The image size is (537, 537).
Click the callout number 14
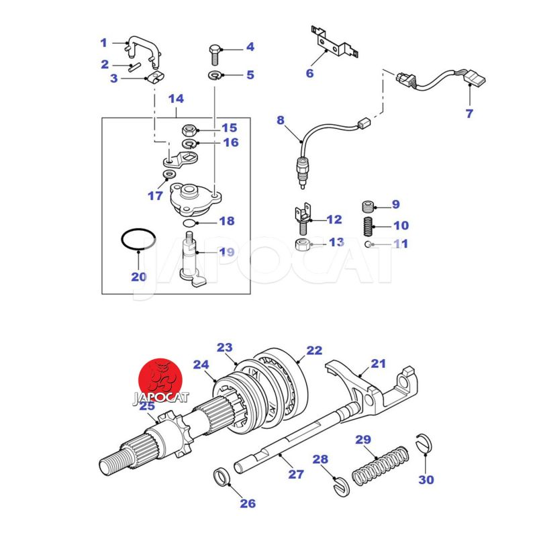[x=175, y=99]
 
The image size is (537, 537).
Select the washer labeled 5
[x=213, y=74]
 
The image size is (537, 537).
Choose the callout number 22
[x=314, y=350]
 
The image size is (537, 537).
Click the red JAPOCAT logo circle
[x=160, y=381]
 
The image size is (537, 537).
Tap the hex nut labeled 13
[x=303, y=243]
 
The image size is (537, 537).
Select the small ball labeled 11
[x=369, y=244]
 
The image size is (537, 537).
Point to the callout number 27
[x=295, y=474]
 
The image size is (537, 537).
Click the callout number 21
[x=379, y=364]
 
